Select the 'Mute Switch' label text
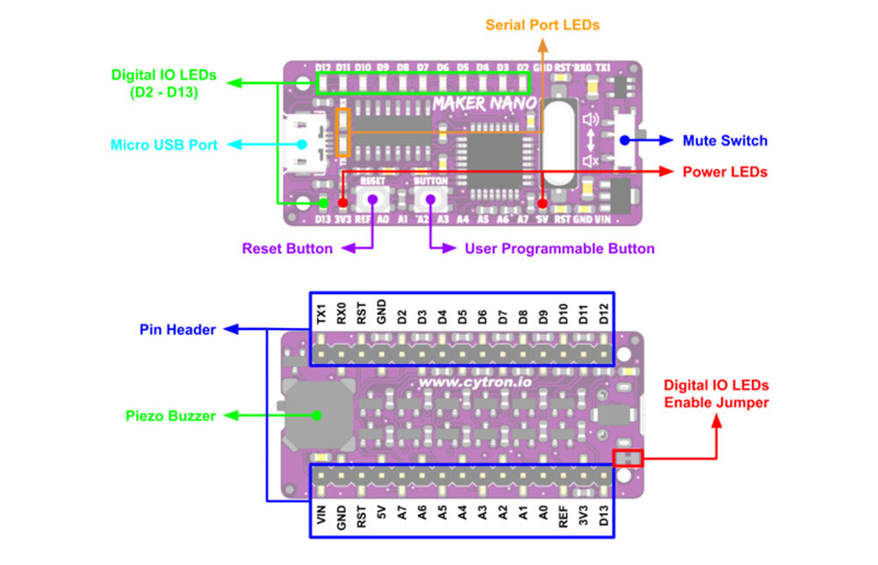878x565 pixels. pyautogui.click(x=725, y=140)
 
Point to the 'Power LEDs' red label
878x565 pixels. pyautogui.click(x=724, y=172)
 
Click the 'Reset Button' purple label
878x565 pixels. pyautogui.click(x=287, y=248)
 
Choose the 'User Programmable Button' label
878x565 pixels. pyautogui.click(x=559, y=248)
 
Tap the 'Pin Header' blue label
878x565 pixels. pyautogui.click(x=177, y=330)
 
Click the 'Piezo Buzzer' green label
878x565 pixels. pyautogui.click(x=169, y=416)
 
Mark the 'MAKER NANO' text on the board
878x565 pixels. pyautogui.click(x=485, y=104)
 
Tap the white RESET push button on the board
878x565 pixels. pyautogui.click(x=372, y=199)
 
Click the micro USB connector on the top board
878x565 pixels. pyautogui.click(x=303, y=145)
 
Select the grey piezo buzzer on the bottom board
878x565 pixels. pyautogui.click(x=318, y=416)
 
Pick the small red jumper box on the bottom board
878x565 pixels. pyautogui.click(x=628, y=458)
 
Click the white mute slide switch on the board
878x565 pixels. pyautogui.click(x=625, y=140)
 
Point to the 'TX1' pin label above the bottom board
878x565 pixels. pyautogui.click(x=321, y=312)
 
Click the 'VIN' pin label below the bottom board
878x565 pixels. pyautogui.click(x=321, y=517)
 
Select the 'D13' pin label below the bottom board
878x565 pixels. pyautogui.click(x=603, y=517)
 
